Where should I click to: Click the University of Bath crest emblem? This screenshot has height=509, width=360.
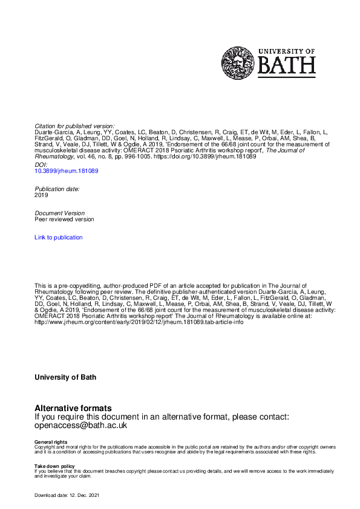tap(238, 63)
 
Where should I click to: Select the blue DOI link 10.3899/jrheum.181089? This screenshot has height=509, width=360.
tap(67, 171)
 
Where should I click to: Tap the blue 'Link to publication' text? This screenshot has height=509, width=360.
tap(59, 238)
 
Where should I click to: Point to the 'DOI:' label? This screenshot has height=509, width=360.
tap(41, 164)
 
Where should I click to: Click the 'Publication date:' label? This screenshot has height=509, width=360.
tap(57, 189)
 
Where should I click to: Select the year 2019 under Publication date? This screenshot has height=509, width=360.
tap(42, 195)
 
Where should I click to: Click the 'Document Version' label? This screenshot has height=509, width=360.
tap(60, 213)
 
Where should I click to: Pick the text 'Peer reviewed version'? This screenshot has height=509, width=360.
tap(64, 219)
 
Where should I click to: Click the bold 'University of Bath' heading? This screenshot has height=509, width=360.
tap(65, 377)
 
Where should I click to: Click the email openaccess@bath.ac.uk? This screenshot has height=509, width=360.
tap(80, 425)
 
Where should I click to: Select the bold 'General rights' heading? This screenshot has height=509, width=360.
tap(51, 443)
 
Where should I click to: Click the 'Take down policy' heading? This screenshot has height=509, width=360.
tap(54, 466)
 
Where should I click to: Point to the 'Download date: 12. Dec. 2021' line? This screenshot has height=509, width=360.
tap(67, 496)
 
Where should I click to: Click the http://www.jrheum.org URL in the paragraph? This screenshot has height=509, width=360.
tap(139, 322)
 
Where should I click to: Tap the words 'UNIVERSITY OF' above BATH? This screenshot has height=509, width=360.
tap(287, 51)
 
